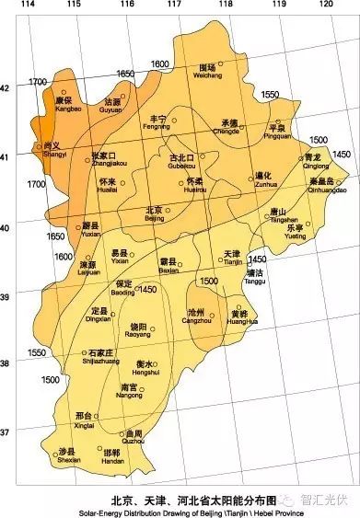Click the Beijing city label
(x=154, y=213)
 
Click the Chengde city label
(x=229, y=126)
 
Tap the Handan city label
(x=110, y=455)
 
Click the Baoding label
(x=124, y=287)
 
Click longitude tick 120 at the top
(x=324, y=5)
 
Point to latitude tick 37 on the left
(x=6, y=431)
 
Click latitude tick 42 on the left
(x=6, y=88)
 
